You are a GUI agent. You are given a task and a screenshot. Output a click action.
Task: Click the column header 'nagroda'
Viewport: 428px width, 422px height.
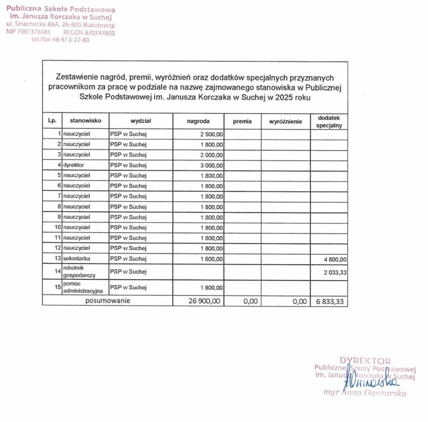[198, 121]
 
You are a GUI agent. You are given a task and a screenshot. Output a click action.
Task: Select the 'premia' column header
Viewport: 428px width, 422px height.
[242, 121]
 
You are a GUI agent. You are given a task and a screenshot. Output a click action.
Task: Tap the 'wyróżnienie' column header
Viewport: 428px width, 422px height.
[285, 121]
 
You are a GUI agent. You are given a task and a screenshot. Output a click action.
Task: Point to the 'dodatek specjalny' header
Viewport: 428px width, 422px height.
[329, 121]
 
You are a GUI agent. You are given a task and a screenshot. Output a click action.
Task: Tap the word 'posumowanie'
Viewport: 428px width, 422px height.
[108, 300]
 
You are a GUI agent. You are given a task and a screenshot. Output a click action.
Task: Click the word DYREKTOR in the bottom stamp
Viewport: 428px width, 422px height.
[365, 361]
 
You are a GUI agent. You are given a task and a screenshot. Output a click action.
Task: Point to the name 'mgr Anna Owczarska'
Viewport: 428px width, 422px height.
[364, 393]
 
